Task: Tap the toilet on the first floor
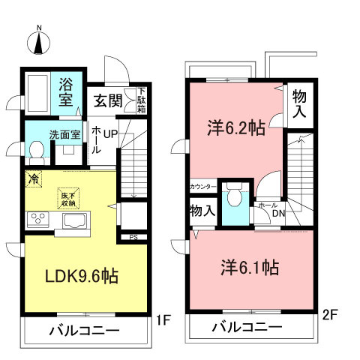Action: [x=36, y=152]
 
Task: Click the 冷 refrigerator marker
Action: [x=33, y=178]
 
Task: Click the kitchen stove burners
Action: [x=37, y=220]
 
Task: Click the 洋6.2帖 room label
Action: [x=235, y=127]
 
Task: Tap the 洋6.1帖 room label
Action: [x=250, y=266]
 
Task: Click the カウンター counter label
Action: [x=203, y=186]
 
